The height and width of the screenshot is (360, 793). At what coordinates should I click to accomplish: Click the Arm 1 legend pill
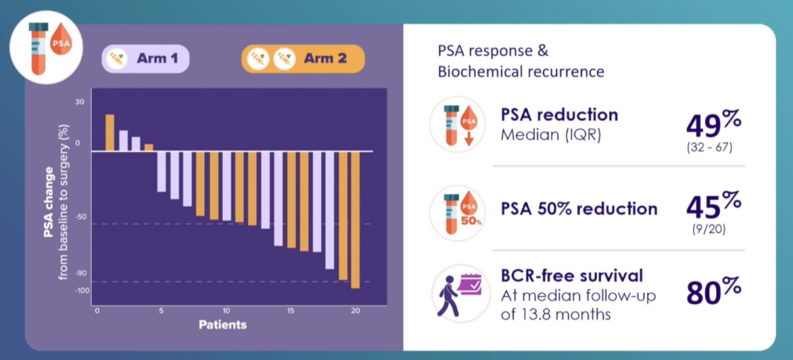[145, 59]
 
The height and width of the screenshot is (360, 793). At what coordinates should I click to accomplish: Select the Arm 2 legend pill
[303, 59]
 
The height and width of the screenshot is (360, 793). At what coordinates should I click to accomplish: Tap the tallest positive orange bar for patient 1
[110, 133]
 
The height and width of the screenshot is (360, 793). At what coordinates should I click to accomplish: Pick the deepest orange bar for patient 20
[356, 220]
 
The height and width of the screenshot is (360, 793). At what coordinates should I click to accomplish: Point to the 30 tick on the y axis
[80, 102]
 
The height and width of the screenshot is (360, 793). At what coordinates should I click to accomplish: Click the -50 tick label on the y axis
[81, 217]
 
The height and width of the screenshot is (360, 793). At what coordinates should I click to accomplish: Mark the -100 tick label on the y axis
[82, 291]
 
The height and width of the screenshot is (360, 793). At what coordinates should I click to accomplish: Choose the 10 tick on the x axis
[226, 311]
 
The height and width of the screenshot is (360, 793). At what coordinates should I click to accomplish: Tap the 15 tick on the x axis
[291, 311]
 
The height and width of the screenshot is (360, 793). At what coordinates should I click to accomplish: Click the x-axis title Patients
[223, 324]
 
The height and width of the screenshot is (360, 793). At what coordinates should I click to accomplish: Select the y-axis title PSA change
[48, 202]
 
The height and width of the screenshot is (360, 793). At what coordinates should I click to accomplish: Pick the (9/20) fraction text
[709, 229]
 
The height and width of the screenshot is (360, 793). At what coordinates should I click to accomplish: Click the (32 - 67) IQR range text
[710, 147]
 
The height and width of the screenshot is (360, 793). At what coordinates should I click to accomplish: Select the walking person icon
[448, 296]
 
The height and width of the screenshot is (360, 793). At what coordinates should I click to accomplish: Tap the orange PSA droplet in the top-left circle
[61, 39]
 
